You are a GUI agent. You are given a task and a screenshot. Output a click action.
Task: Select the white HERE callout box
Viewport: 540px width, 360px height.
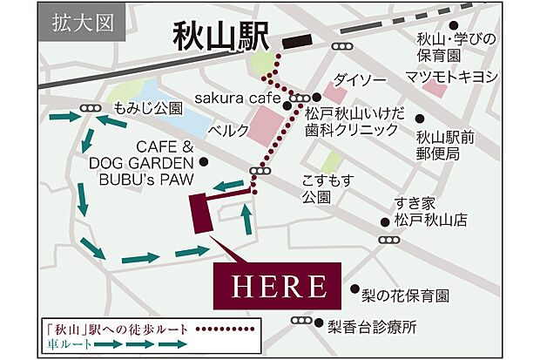[x=278, y=285]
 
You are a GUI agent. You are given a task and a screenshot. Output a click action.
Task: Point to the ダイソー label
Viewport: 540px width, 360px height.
[x=356, y=76]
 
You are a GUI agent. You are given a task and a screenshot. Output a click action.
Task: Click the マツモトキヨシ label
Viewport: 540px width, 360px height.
[x=452, y=78]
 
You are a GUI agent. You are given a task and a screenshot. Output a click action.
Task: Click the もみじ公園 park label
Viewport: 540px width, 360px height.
[x=149, y=109]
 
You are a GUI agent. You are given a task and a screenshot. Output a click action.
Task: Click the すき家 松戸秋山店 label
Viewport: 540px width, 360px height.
[x=429, y=212]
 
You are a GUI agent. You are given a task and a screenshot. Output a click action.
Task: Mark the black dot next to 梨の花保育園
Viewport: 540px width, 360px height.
[x=354, y=289]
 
